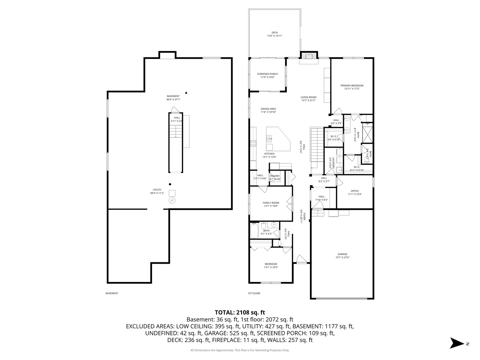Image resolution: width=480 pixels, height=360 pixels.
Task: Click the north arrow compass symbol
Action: [456, 343]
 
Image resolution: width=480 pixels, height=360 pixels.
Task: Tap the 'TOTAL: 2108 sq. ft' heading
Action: [240, 312]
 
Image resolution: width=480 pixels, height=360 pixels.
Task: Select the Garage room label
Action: [342, 256]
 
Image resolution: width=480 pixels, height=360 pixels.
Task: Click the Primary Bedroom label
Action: [352, 87]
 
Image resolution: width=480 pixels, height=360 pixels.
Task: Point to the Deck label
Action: [275, 34]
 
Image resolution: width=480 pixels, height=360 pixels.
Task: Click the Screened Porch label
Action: [267, 76]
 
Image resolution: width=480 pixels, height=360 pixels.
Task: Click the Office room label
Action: [355, 192]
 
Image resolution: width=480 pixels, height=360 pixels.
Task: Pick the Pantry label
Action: [275, 177]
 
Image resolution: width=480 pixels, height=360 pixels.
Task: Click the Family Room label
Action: [271, 204]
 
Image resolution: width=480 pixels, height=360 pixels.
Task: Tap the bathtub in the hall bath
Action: [254, 230]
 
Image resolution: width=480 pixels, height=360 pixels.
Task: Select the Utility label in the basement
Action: [157, 191]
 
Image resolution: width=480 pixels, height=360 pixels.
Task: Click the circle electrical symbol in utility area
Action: [172, 200]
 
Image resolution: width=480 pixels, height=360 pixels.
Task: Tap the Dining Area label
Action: [268, 110]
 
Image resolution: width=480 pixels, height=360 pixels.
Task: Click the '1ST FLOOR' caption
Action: [254, 293]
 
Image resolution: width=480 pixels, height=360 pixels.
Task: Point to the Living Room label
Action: [308, 99]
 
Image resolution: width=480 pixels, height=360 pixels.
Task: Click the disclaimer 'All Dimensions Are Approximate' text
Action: [240, 350]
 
